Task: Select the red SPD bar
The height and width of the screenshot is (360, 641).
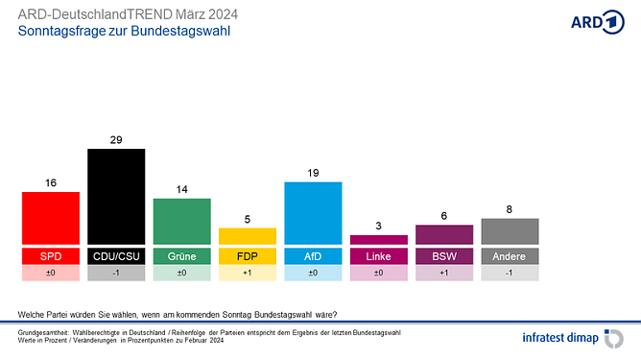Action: click(51, 218)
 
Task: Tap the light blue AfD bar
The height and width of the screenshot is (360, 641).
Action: click(313, 212)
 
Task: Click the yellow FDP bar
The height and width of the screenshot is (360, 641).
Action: click(248, 235)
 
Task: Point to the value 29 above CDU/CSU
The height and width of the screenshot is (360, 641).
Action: click(116, 140)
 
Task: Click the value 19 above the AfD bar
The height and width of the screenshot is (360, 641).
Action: click(313, 173)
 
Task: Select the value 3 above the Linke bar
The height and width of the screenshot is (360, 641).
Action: click(378, 226)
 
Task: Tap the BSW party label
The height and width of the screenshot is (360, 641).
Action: click(443, 256)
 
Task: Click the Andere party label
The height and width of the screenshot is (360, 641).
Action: click(510, 256)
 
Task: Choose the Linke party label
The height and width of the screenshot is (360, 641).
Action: click(378, 256)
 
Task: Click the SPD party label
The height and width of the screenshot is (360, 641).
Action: click(51, 256)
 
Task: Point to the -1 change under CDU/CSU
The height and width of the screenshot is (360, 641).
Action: click(116, 274)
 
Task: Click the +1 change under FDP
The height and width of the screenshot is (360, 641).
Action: click(248, 274)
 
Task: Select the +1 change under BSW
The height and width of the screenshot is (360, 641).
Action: click(443, 274)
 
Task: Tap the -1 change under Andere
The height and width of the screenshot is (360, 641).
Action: click(510, 274)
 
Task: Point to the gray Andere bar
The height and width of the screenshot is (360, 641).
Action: click(510, 231)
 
